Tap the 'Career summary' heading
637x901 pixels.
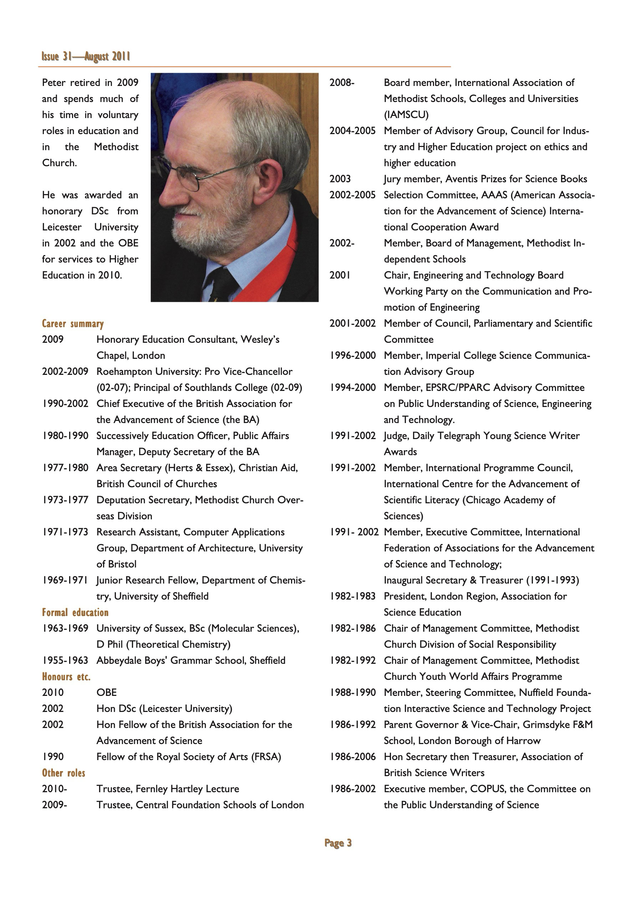tap(73, 324)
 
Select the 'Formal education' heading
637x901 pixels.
tap(75, 612)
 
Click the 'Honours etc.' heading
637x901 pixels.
tap(66, 677)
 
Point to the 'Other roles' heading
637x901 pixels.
tap(63, 773)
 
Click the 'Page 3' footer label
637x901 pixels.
tap(338, 843)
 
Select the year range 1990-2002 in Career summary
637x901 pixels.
tap(65, 404)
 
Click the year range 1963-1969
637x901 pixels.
tap(65, 628)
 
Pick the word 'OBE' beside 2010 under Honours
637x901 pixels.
tap(107, 693)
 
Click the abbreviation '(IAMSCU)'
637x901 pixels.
tap(406, 115)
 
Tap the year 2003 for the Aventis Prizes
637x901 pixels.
tap(340, 179)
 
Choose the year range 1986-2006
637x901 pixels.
tap(352, 757)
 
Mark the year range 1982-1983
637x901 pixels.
tap(352, 596)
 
